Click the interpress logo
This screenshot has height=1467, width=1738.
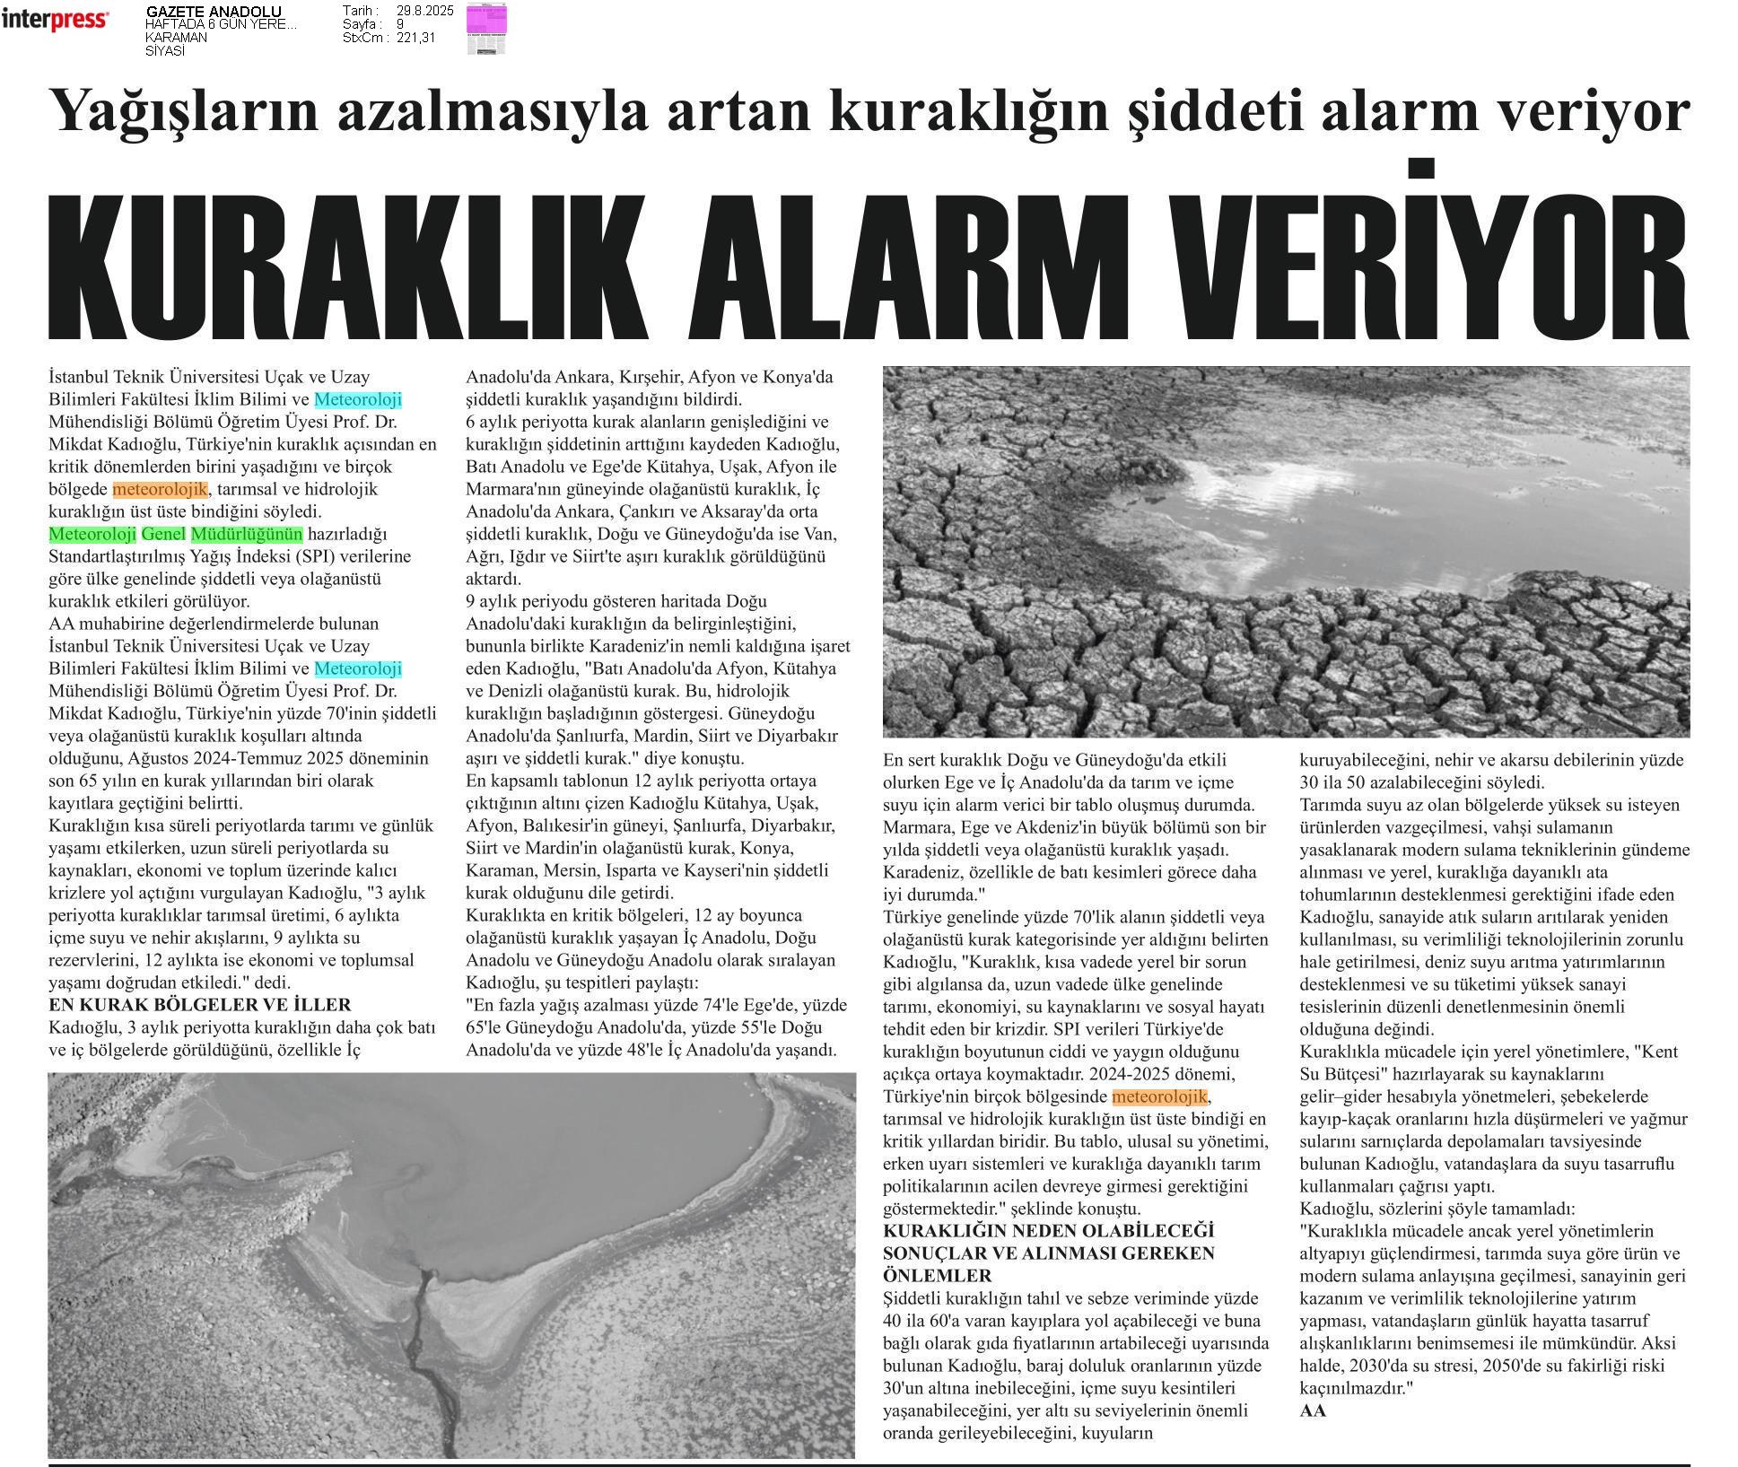55,19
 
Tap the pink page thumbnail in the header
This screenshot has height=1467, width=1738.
486,29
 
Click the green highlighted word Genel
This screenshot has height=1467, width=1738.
163,535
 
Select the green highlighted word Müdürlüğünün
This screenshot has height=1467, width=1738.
247,535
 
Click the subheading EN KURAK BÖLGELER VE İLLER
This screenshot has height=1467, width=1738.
199,1005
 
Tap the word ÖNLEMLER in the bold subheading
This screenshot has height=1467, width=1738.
938,1276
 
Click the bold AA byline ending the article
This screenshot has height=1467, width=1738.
1313,1410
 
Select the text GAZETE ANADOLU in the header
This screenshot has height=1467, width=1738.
214,12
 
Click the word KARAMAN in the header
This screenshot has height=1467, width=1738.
176,38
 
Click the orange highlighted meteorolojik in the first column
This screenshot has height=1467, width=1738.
160,490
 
